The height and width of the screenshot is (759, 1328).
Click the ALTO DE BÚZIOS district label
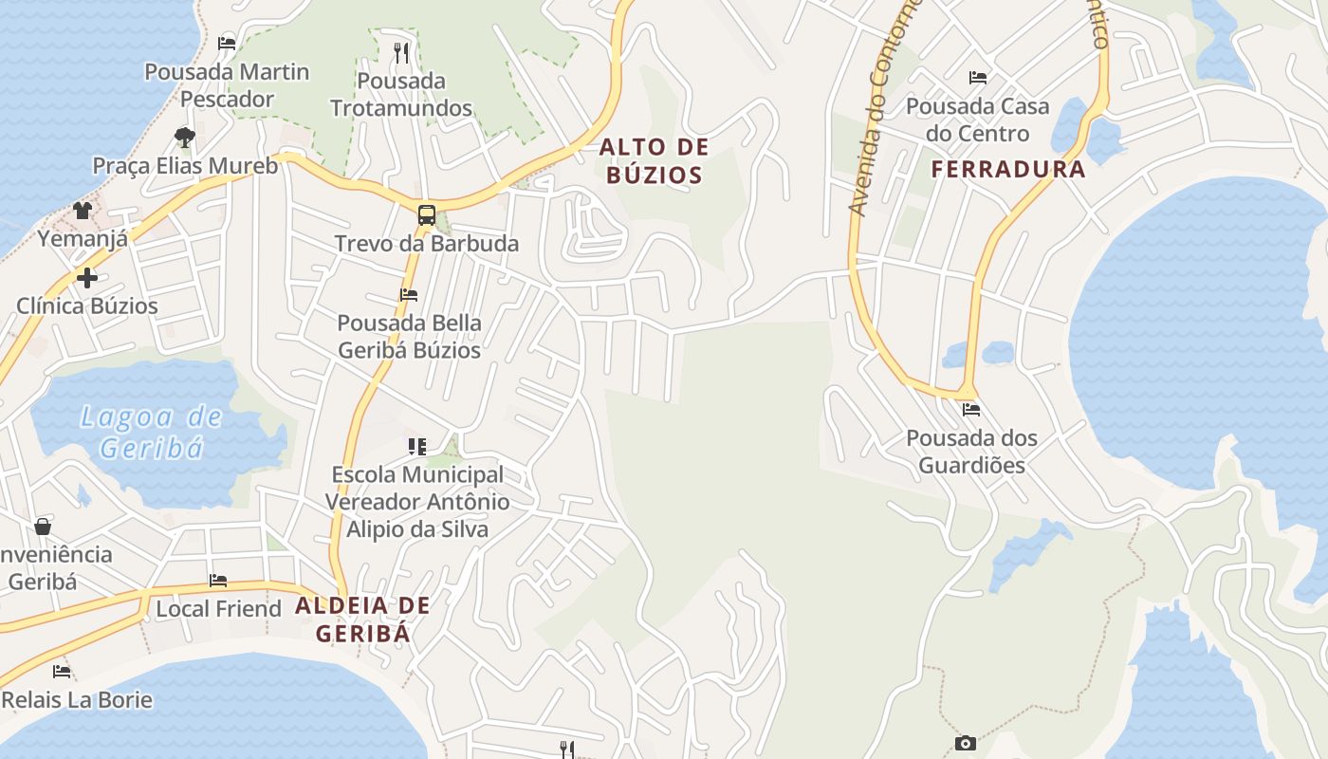(655, 160)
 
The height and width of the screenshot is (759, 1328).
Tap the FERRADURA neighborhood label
(1008, 170)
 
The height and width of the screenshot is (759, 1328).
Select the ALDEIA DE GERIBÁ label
(363, 619)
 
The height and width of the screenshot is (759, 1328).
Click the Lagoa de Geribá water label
(152, 432)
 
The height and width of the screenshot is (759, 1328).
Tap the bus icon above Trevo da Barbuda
(427, 214)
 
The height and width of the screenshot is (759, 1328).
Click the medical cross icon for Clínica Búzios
(87, 278)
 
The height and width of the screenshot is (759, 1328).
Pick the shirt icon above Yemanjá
(83, 211)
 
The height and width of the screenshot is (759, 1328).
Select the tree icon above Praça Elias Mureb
(185, 138)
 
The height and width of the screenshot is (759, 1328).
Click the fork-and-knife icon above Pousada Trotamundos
(401, 52)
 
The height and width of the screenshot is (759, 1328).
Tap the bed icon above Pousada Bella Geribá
(409, 295)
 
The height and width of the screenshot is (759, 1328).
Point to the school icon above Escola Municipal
(417, 446)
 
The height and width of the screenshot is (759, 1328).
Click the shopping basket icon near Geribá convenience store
(43, 527)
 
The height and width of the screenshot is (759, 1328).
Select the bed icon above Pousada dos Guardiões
(971, 411)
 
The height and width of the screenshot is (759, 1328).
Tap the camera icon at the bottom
(966, 743)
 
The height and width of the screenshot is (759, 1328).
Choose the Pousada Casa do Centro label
(977, 119)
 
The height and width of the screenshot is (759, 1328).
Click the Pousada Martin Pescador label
(227, 85)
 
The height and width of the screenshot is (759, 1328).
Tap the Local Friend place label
(218, 608)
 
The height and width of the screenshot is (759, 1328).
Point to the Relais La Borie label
(77, 700)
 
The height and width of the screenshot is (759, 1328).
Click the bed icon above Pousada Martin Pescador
(227, 43)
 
